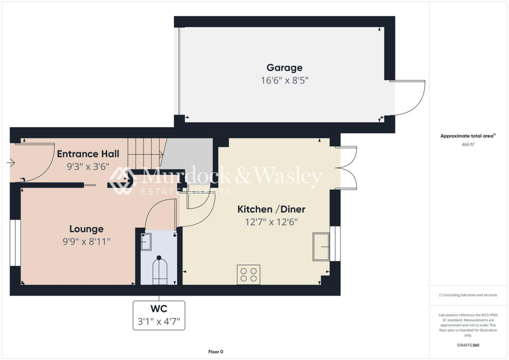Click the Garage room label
[284, 68]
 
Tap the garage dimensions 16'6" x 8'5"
[284, 80]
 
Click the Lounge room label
[86, 229]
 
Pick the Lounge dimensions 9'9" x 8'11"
[86, 242]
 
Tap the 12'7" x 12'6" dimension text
[271, 222]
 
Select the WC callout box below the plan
[159, 315]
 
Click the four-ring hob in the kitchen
[249, 275]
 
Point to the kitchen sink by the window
[321, 247]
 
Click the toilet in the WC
[160, 270]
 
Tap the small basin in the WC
[146, 242]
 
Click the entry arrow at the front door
[11, 162]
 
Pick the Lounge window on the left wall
[15, 242]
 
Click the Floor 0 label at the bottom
[216, 352]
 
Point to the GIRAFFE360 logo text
[468, 345]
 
